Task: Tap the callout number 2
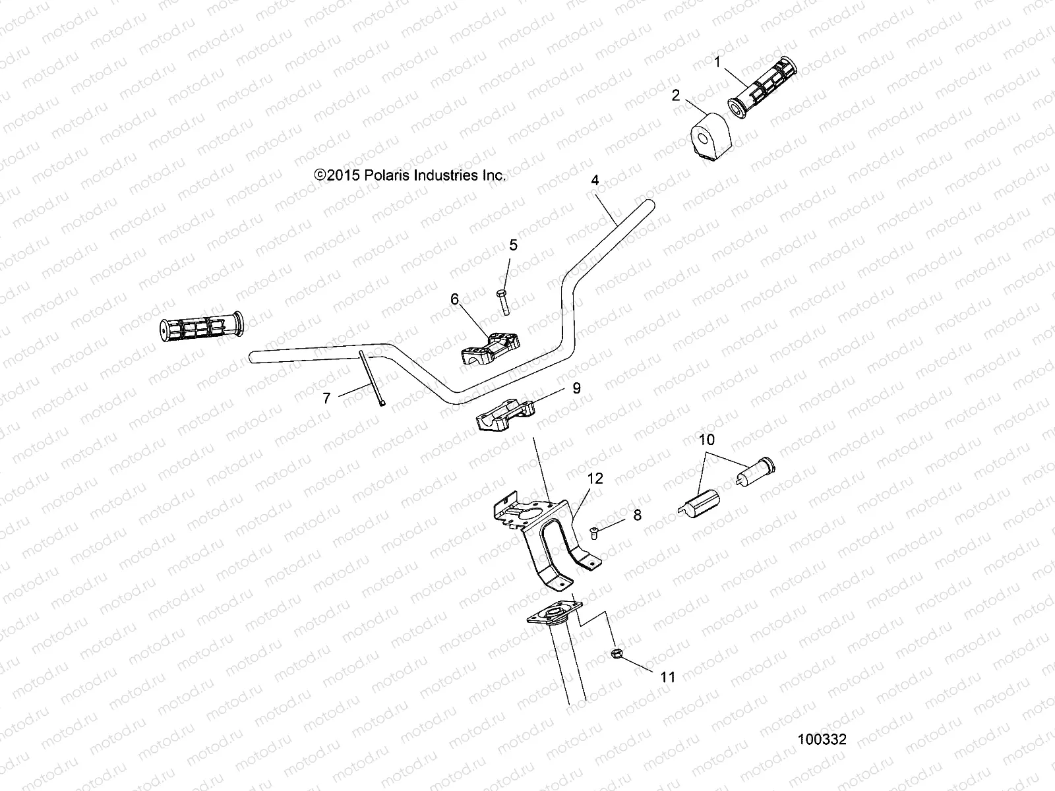675,96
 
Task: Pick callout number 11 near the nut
668,676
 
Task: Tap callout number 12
595,479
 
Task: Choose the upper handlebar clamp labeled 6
489,347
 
